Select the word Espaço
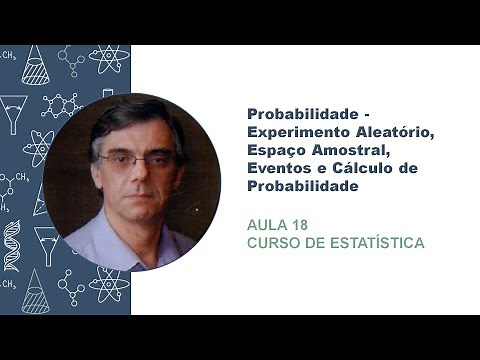pyautogui.click(x=274, y=152)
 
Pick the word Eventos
pyautogui.click(x=277, y=168)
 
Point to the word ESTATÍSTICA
pyautogui.click(x=377, y=241)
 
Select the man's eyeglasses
pyautogui.click(x=130, y=160)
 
